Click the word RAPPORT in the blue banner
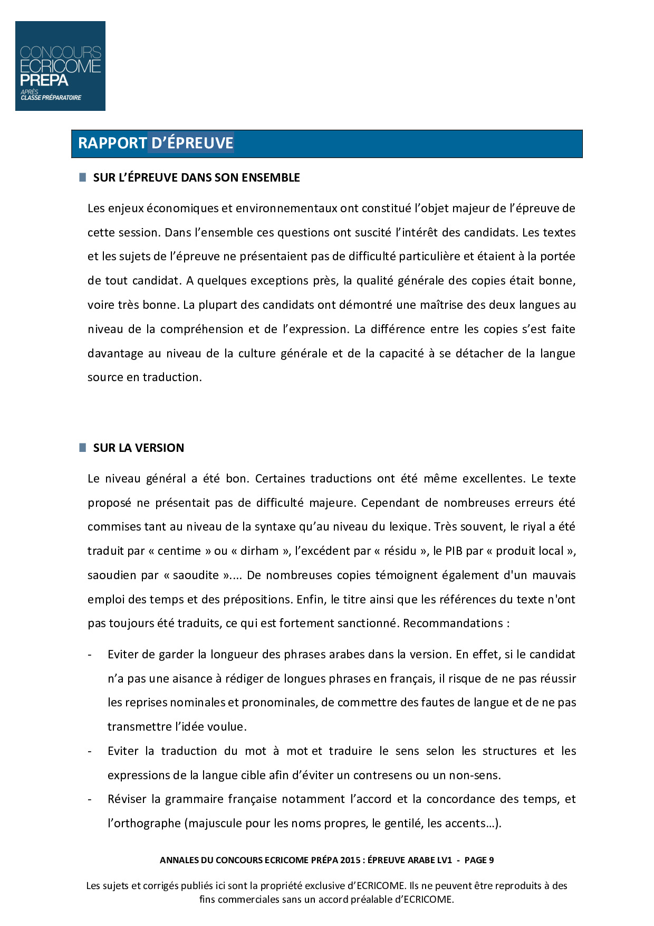112,143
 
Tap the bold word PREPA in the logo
44,80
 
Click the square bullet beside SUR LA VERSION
82,448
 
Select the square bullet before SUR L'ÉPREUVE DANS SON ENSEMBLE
82,177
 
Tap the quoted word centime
179,551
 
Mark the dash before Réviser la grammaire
90,799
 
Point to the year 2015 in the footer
350,860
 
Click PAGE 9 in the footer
479,860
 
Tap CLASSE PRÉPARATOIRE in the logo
51,98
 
